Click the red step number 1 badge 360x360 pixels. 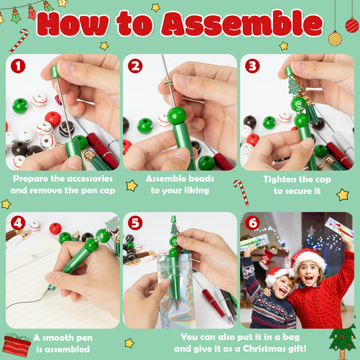click(18, 66)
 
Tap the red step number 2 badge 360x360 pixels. click(135, 66)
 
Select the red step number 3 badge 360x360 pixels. click(253, 66)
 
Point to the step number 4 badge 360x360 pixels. click(18, 223)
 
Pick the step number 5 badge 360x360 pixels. click(135, 223)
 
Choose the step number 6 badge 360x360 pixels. click(253, 223)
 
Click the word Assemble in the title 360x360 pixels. click(242, 23)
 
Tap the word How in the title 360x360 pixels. click(73, 24)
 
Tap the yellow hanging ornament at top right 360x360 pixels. click(335, 38)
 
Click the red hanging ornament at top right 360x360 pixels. click(352, 25)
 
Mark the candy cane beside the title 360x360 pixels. click(19, 41)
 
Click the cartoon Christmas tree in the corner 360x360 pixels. click(343, 340)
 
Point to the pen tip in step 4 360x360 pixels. click(43, 295)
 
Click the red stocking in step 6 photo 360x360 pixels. click(266, 259)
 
